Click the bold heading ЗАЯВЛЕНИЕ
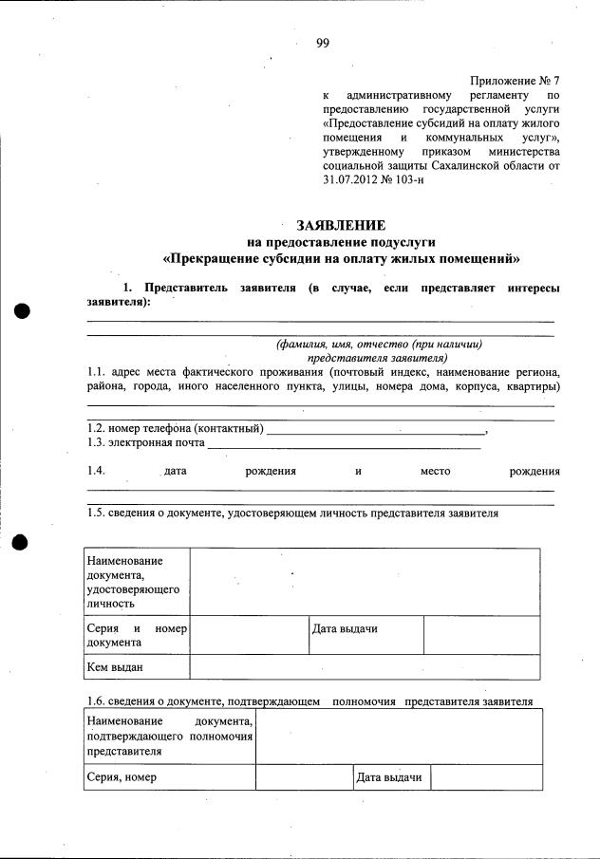click(341, 225)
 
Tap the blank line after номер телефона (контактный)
click(375, 431)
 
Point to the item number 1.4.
click(96, 471)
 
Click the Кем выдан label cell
click(115, 667)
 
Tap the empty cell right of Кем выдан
click(366, 667)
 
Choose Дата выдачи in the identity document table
click(345, 629)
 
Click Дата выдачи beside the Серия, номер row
click(389, 778)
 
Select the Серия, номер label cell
click(122, 778)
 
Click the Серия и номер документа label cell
click(135, 636)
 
